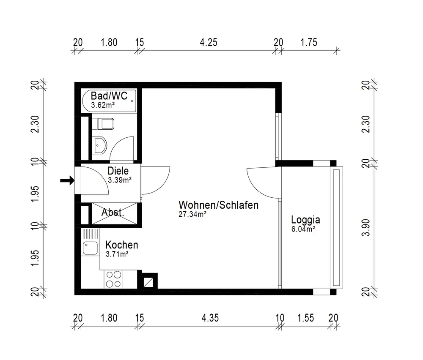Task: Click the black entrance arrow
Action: (67, 180)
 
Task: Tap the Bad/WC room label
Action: (109, 95)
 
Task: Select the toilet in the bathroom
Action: (103, 124)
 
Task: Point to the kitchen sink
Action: (90, 248)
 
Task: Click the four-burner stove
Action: (113, 279)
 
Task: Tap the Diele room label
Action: (118, 171)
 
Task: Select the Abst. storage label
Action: (113, 213)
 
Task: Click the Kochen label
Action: (122, 245)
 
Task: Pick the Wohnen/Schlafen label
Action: (219, 205)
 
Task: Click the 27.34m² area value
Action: (192, 214)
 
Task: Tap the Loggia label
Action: (306, 220)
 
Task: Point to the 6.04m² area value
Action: (303, 229)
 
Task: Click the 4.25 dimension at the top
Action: (209, 42)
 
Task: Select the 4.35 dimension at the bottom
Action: (210, 318)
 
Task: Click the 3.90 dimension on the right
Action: (365, 228)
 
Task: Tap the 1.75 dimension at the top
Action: (309, 42)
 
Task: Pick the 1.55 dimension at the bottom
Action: (306, 318)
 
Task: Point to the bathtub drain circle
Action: (132, 101)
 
